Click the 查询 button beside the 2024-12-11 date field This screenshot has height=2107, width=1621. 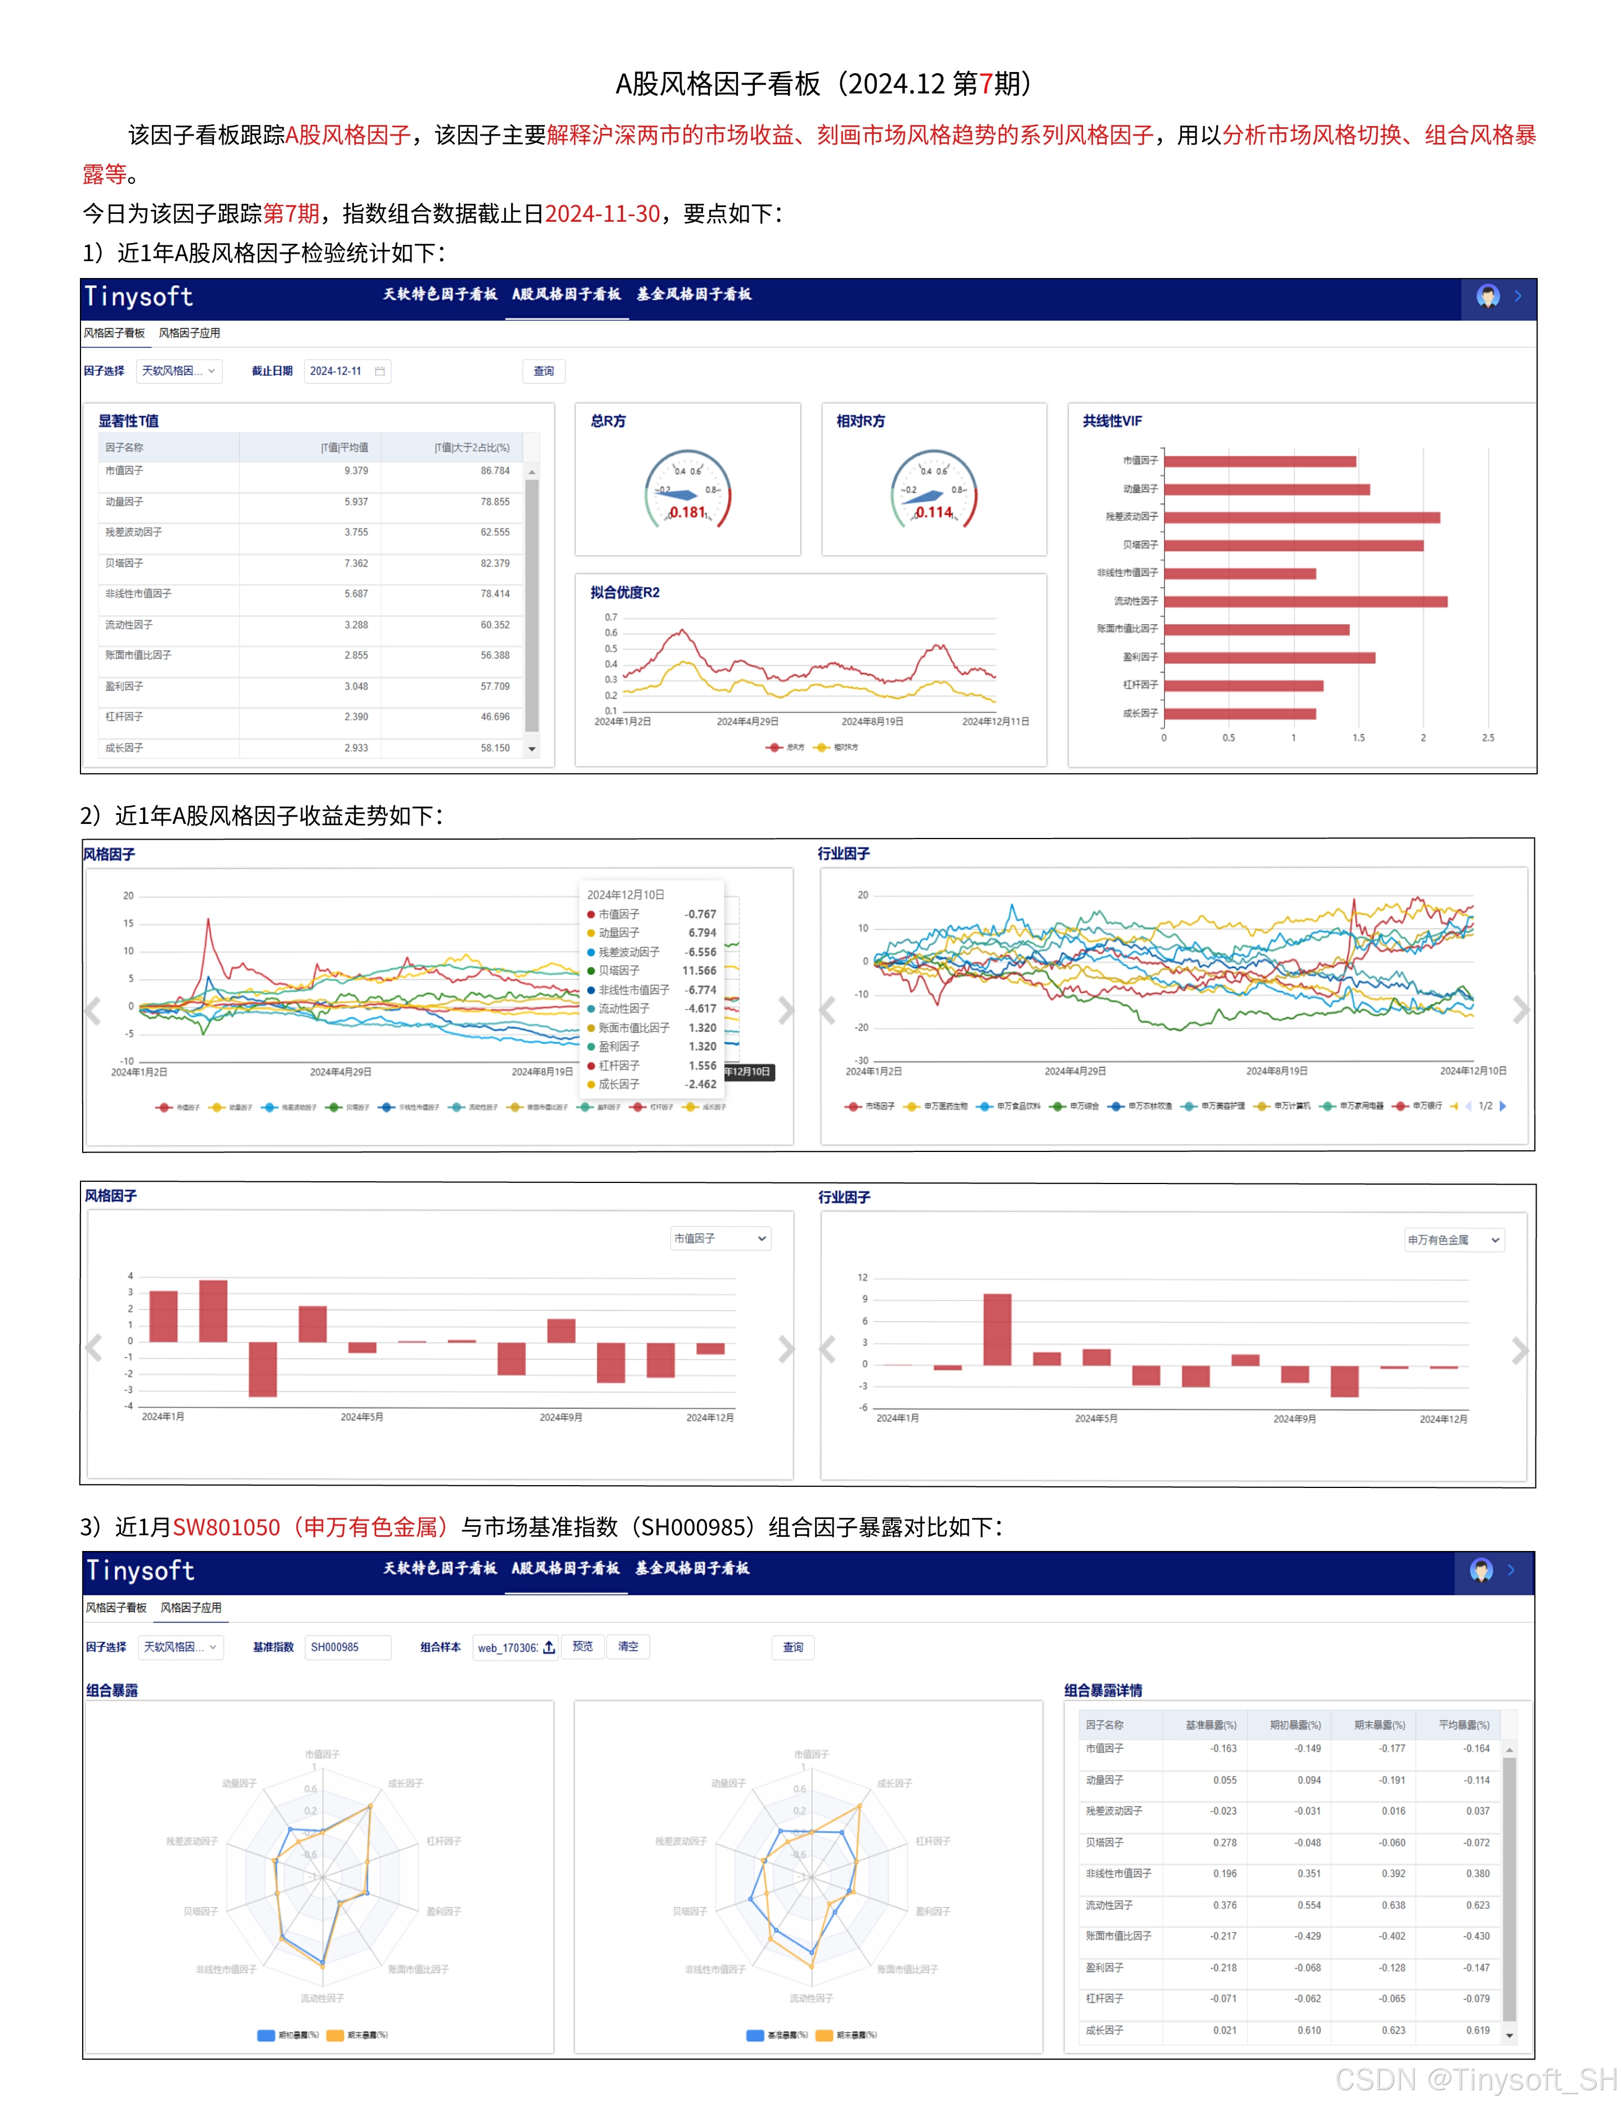543,371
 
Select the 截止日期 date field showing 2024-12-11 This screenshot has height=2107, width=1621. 346,371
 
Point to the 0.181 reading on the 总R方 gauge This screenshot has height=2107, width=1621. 687,512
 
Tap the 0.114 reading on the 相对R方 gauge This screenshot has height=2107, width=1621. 933,512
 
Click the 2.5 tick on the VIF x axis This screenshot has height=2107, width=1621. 1488,738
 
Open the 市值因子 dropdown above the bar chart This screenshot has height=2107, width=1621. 720,1238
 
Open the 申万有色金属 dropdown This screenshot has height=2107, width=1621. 1453,1240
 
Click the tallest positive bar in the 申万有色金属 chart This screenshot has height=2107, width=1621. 997,1329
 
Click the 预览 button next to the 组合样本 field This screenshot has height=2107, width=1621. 583,1646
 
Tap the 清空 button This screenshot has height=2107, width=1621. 628,1646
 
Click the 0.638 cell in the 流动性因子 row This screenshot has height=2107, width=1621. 1392,1906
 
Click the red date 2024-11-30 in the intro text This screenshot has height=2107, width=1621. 602,213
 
